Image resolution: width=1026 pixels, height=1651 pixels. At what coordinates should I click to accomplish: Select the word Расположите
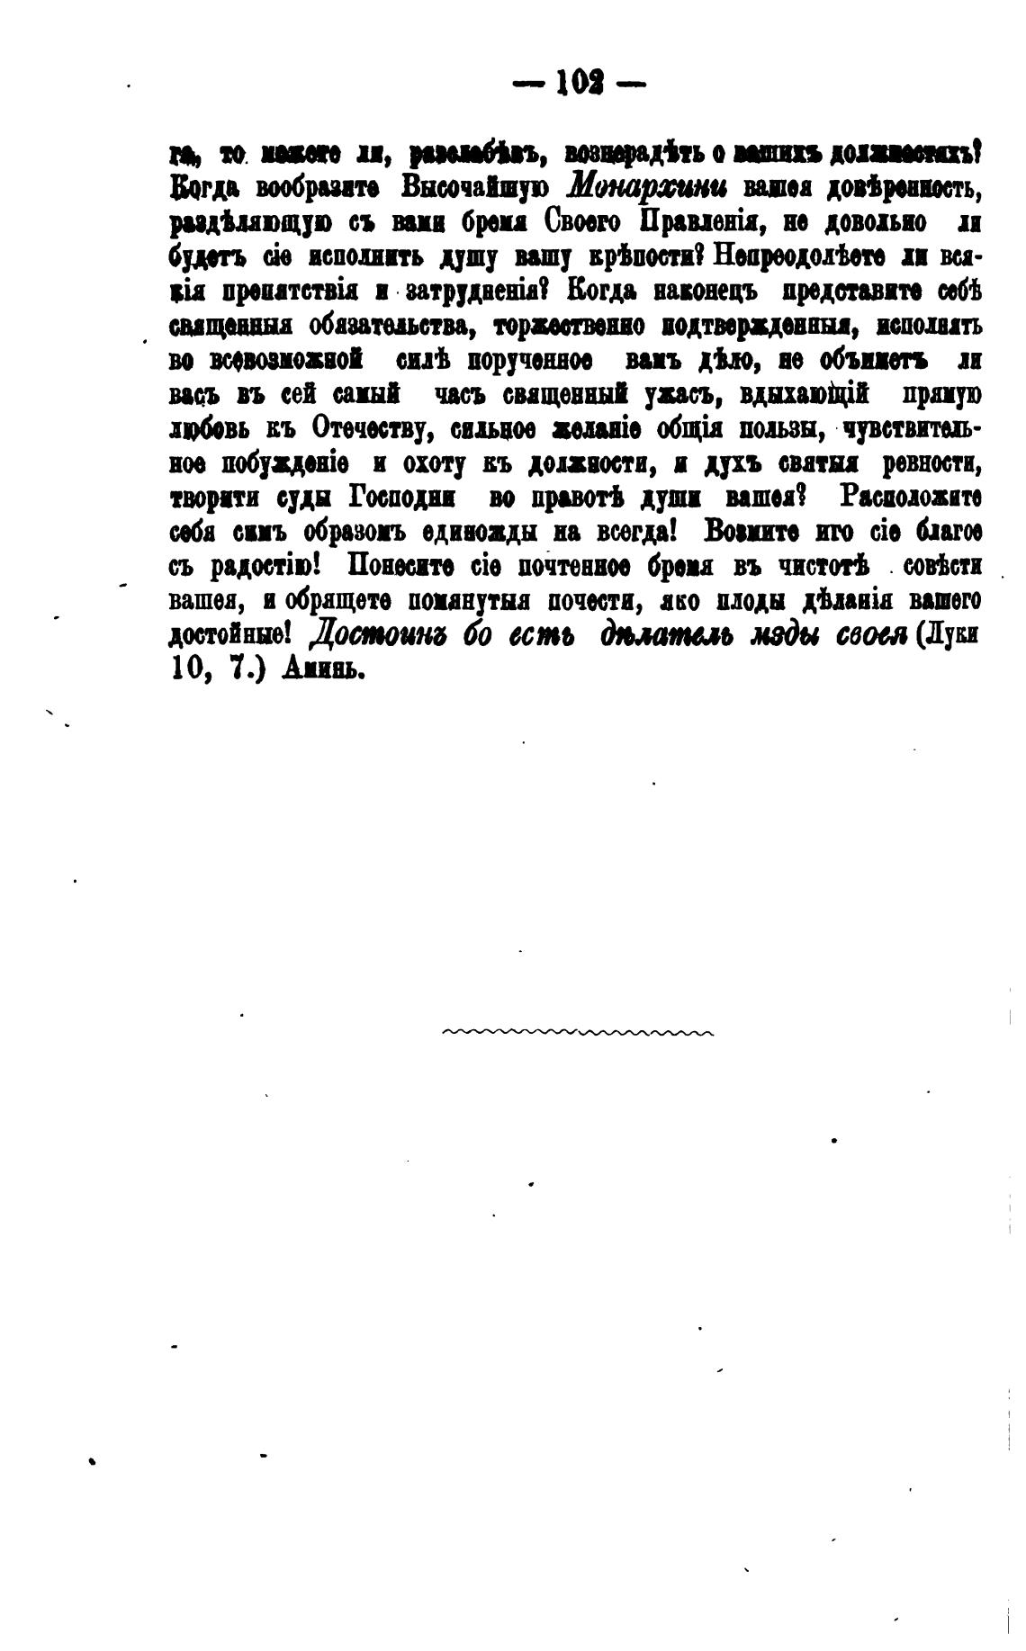coord(909,497)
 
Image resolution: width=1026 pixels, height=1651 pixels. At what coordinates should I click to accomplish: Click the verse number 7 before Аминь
coord(237,670)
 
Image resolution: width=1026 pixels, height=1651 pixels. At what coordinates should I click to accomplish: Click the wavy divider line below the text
coord(578,1033)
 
